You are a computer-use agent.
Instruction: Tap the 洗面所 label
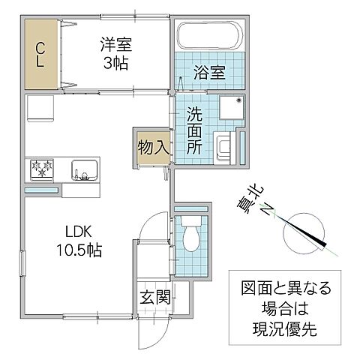193,132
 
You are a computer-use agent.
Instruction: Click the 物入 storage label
152,147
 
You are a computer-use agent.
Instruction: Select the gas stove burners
42,168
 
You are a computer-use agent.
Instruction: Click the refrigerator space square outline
38,109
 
